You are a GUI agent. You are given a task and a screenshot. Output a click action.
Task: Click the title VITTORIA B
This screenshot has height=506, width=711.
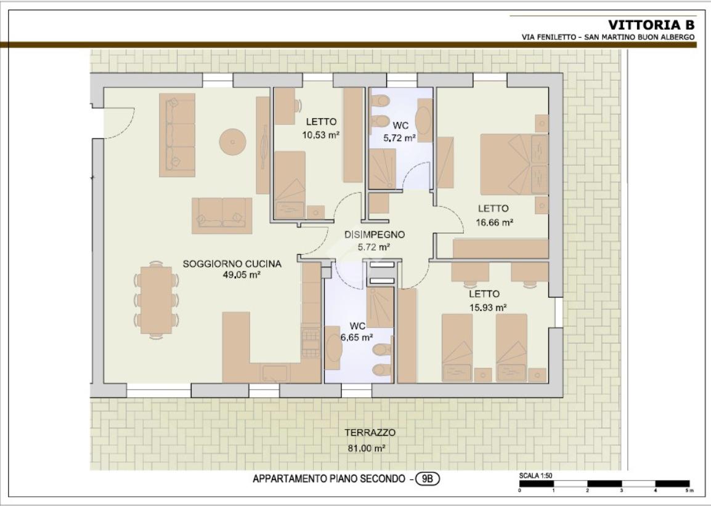tap(651, 25)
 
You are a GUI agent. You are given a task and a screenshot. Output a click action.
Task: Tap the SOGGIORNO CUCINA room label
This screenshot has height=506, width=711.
tap(232, 263)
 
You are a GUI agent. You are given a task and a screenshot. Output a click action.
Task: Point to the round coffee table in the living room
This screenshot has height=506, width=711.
tap(233, 142)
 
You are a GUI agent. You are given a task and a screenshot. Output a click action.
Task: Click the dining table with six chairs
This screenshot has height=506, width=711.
tap(156, 300)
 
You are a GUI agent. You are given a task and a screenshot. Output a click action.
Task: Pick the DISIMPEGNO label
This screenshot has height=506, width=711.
tap(375, 235)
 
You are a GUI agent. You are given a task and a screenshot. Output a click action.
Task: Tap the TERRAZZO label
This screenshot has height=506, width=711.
tap(370, 433)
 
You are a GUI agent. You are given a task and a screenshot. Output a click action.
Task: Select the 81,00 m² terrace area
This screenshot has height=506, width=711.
tap(367, 449)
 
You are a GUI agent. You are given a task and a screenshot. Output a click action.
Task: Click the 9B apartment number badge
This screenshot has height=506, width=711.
tap(427, 479)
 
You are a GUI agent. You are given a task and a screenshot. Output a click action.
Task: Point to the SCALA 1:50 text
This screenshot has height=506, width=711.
tap(535, 476)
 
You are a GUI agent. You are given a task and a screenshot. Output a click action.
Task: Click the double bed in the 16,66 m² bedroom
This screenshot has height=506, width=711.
tap(514, 164)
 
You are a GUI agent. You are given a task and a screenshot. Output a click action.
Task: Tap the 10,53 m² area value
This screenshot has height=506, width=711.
tap(321, 135)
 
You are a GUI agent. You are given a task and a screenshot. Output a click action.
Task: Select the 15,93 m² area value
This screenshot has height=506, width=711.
tap(488, 308)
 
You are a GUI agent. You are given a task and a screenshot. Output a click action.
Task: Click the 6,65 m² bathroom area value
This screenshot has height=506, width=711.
tap(357, 337)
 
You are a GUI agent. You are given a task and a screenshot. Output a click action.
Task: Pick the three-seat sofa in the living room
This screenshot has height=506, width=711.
tap(177, 135)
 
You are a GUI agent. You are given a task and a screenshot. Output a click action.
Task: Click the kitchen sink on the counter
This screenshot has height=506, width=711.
tap(274, 373)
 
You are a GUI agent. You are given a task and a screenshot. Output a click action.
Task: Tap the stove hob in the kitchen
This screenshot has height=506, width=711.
tap(311, 343)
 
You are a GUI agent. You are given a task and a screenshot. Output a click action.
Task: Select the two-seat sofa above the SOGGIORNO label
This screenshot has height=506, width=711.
tap(222, 215)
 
